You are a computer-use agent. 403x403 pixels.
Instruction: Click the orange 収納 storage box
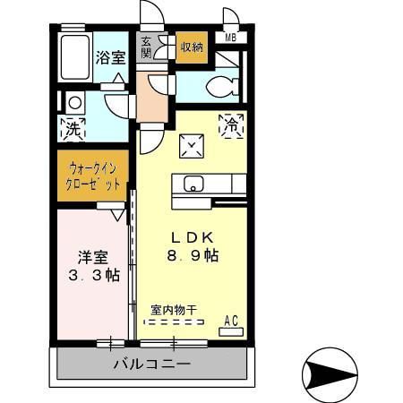coord(191,47)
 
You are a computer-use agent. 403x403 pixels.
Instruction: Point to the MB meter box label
coord(231,37)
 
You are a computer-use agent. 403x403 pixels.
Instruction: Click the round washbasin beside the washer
coord(74,102)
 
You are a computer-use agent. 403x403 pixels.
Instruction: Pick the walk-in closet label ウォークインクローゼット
coord(93,175)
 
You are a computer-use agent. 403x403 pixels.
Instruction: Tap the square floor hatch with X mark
coord(191,144)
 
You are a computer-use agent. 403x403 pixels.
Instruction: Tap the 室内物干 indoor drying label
coord(174,310)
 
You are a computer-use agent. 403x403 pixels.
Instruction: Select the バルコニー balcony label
coord(151,364)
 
